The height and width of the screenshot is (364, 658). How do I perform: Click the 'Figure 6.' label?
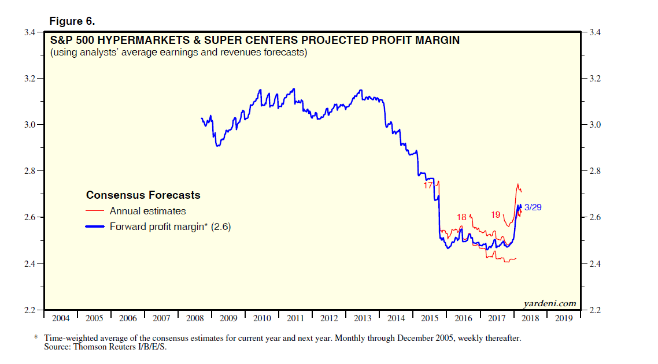tap(72, 21)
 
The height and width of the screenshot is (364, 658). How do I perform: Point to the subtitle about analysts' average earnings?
tap(179, 53)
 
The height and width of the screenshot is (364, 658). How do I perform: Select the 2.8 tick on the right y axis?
tap(596, 171)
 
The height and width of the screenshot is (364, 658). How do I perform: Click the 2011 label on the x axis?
tap(295, 318)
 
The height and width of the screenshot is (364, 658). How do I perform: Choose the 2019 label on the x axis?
tap(564, 318)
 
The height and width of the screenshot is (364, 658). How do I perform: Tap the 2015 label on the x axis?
tap(430, 318)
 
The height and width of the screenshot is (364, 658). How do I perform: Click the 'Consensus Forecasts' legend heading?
tap(143, 195)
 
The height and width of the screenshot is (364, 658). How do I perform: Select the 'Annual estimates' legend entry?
tap(147, 211)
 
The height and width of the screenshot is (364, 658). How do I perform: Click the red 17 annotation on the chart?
tap(428, 185)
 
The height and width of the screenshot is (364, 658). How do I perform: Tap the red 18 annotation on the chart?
tap(461, 217)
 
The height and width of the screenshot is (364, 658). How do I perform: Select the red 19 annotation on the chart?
tap(496, 215)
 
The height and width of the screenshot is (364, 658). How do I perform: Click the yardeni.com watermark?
tap(550, 303)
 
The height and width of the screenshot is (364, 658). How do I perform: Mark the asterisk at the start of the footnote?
tap(36, 337)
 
